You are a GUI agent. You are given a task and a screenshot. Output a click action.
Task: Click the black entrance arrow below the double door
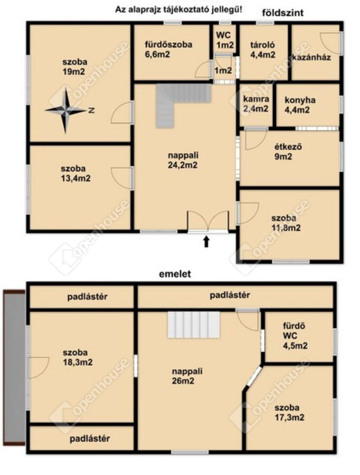[x=206, y=241]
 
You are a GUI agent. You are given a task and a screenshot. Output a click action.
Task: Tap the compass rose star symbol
[x=65, y=111]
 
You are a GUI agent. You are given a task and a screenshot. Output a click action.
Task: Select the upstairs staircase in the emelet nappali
[x=194, y=325]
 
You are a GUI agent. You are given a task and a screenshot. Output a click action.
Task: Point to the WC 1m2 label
[x=224, y=40]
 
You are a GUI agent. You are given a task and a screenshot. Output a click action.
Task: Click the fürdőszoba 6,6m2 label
[x=168, y=50]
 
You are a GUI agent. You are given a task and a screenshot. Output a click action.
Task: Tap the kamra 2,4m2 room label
[x=256, y=103]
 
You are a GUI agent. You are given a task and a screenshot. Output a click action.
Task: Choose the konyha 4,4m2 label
[x=300, y=105]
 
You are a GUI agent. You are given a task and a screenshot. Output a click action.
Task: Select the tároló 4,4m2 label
[x=263, y=50]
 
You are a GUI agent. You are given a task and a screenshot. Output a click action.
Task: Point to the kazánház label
[x=311, y=57]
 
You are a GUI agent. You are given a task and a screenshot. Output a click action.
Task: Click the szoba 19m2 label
[x=75, y=66]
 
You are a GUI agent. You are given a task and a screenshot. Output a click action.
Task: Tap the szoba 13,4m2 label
[x=76, y=173]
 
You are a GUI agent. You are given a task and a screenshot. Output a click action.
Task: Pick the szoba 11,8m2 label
[x=286, y=223]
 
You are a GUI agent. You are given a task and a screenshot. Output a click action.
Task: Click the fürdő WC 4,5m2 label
[x=295, y=336]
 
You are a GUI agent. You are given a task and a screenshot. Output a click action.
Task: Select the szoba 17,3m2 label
[x=289, y=412]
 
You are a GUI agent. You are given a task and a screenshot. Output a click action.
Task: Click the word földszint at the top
[x=283, y=13]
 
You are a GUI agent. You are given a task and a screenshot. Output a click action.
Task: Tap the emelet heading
[x=175, y=274]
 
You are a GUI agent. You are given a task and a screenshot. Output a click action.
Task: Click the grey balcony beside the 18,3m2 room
[x=14, y=367]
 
